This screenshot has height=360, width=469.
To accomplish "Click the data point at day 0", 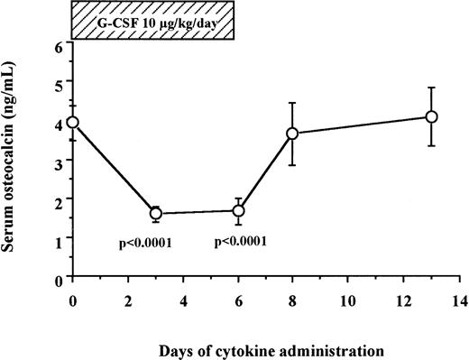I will [x=73, y=122].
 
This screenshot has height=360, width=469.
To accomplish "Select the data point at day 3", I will [x=156, y=214].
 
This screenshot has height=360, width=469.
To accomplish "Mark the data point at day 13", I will [x=432, y=116].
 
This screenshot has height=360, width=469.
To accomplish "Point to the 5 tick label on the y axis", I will [x=59, y=83].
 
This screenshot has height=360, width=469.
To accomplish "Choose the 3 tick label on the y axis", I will [x=59, y=162].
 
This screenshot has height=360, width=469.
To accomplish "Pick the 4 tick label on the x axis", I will [x=183, y=299].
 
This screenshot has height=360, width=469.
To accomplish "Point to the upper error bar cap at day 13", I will [x=432, y=88].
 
